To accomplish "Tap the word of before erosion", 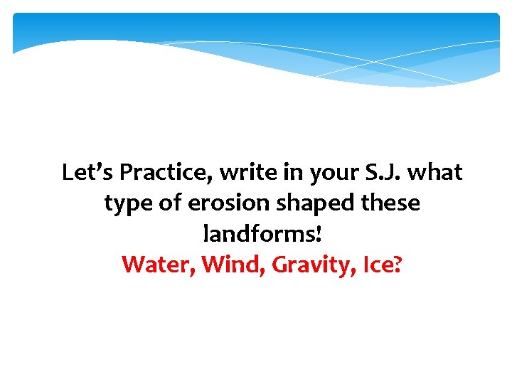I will tap(171, 203).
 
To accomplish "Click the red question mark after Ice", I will tap(398, 265).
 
